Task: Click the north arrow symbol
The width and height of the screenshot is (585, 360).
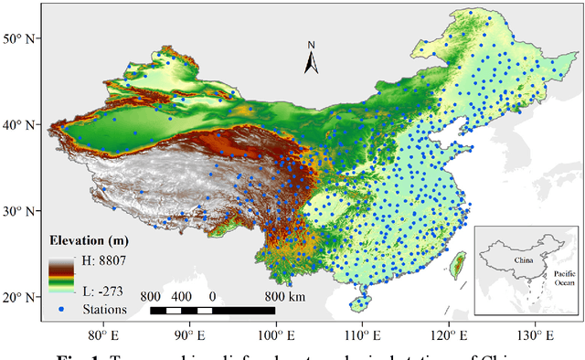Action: [x=312, y=59]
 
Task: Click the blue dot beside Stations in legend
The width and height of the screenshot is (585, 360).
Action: [x=60, y=311]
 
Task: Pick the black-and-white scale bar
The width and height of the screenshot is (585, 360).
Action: [x=212, y=311]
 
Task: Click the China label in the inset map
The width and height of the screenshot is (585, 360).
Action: [x=523, y=259]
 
